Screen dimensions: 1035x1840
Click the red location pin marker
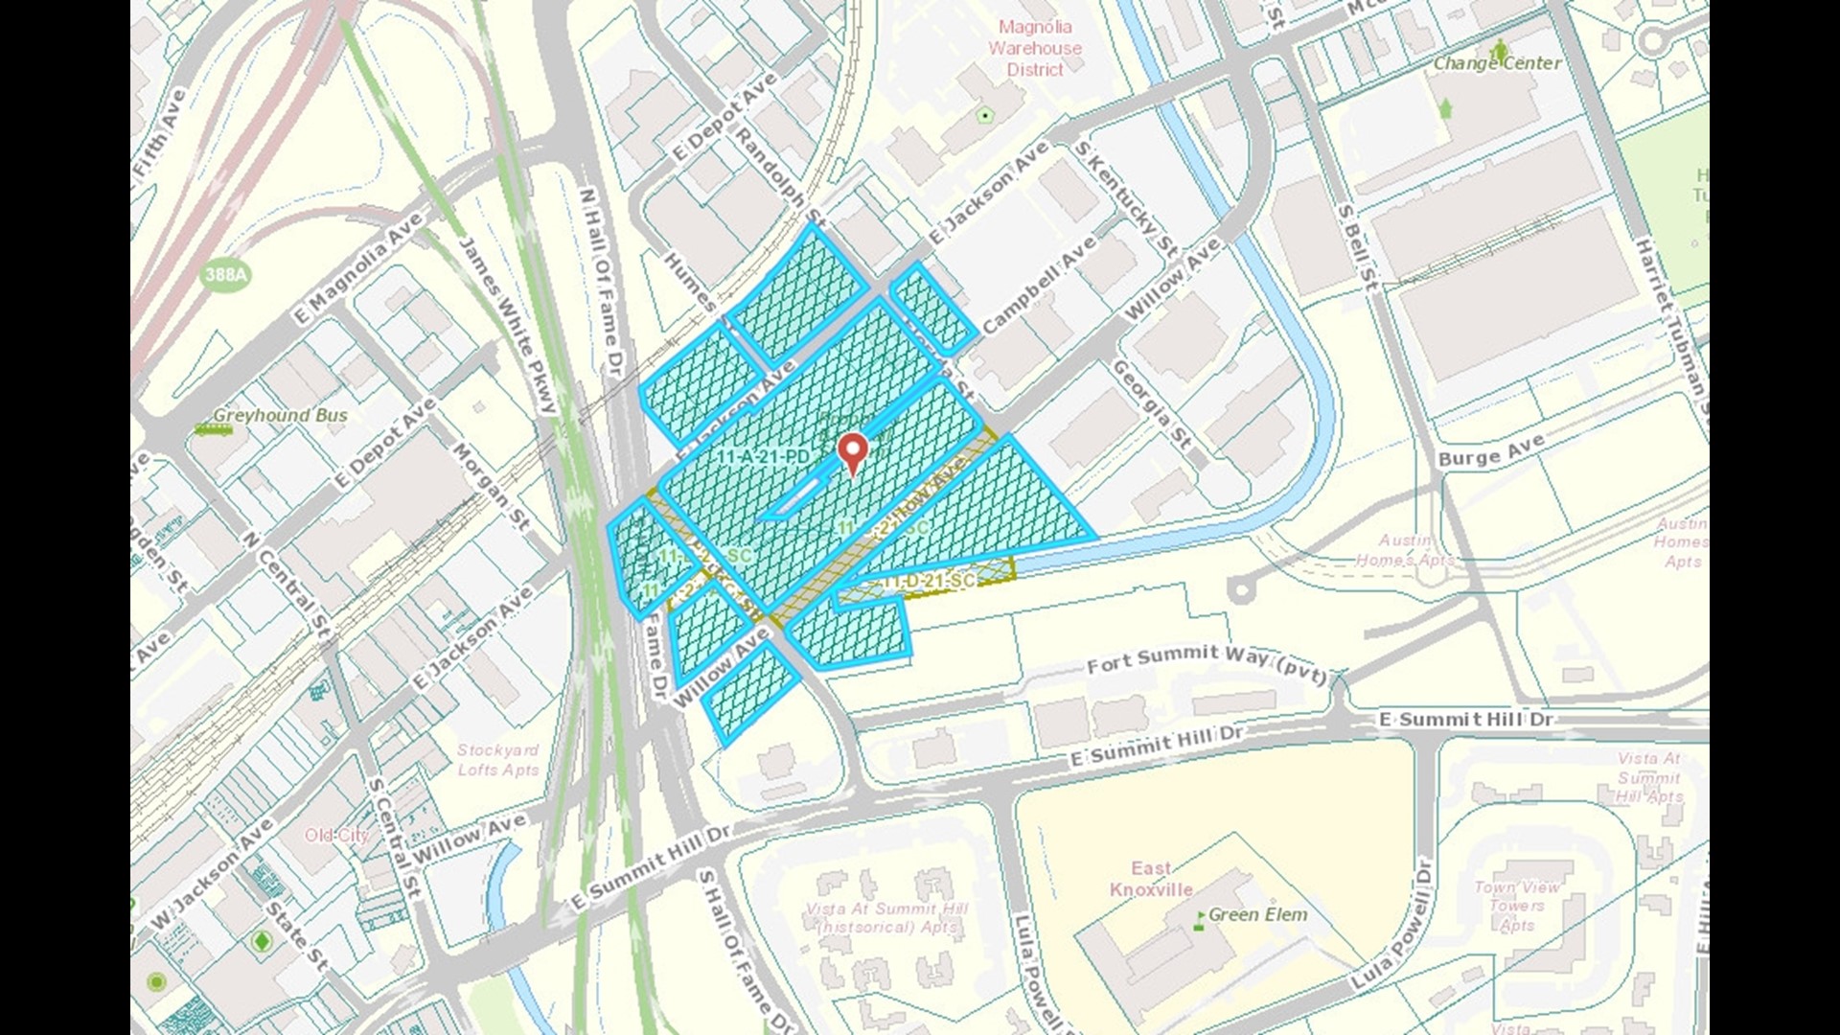pos(852,450)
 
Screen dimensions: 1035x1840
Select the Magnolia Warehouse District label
pos(1035,48)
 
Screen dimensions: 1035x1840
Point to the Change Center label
pos(1497,63)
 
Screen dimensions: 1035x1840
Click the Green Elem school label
pos(1257,915)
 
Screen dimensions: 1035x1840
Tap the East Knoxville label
pos(1151,879)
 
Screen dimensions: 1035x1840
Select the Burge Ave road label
pos(1491,449)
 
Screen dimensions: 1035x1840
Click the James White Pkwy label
pos(508,326)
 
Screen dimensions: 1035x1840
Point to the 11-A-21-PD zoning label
pos(764,457)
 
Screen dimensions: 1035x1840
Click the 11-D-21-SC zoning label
pos(929,581)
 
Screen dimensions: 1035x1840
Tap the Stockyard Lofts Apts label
pos(497,760)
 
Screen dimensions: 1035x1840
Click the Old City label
pos(336,836)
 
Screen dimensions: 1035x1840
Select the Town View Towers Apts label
pos(1517,906)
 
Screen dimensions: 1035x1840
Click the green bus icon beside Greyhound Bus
pos(212,430)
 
